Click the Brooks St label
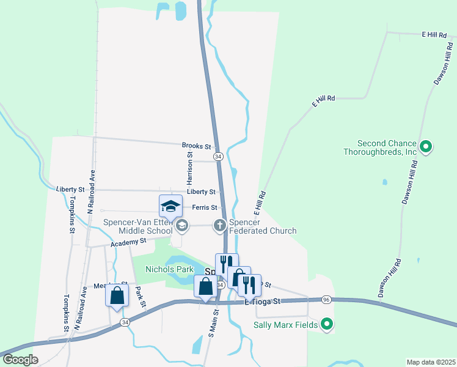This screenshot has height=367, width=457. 196,147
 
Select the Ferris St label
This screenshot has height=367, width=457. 205,207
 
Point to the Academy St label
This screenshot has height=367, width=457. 128,243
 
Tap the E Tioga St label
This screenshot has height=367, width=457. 262,301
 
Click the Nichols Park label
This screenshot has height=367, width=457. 169,269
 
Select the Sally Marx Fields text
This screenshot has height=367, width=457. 285,325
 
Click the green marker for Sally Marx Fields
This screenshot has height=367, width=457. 327,324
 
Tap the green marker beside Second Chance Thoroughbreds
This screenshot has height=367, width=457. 426,147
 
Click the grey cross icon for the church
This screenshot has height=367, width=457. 220,226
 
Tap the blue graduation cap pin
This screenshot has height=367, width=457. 171,206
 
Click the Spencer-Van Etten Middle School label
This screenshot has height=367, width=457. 137,227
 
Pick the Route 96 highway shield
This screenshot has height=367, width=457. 326,300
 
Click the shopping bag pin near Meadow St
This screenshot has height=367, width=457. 117,296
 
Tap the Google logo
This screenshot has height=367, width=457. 21,360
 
